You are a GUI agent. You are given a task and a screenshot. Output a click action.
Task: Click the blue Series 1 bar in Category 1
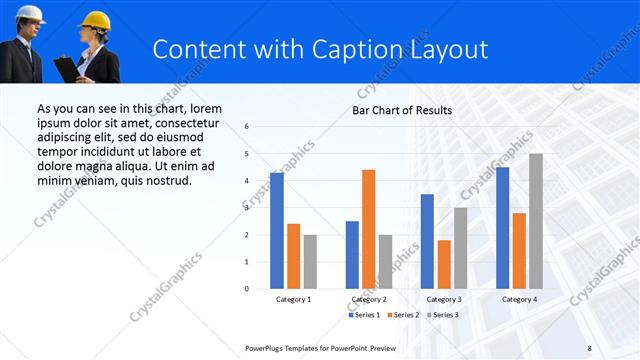pyautogui.click(x=277, y=230)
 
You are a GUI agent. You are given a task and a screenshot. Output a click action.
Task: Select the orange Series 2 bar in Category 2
pyautogui.click(x=369, y=229)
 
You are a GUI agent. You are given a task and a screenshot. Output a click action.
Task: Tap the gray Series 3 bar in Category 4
pyautogui.click(x=536, y=221)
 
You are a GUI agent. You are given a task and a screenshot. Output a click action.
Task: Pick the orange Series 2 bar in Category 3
pyautogui.click(x=444, y=264)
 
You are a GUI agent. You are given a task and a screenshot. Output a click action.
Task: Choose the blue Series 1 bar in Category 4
pyautogui.click(x=502, y=227)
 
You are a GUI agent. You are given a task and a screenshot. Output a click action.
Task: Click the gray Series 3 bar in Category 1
pyautogui.click(x=310, y=261)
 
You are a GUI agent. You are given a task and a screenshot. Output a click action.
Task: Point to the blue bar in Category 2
pyautogui.click(x=352, y=254)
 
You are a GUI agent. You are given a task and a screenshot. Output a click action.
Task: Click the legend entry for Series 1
pyautogui.click(x=363, y=315)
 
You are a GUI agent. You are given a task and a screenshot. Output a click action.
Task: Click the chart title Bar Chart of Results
pyautogui.click(x=402, y=110)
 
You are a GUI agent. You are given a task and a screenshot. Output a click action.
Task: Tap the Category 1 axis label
pyautogui.click(x=293, y=299)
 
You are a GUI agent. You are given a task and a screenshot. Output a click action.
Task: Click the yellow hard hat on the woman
pyautogui.click(x=95, y=19)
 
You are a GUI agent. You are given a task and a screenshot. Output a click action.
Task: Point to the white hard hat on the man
pyautogui.click(x=30, y=12)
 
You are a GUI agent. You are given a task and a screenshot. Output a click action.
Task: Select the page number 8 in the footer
pyautogui.click(x=589, y=348)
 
